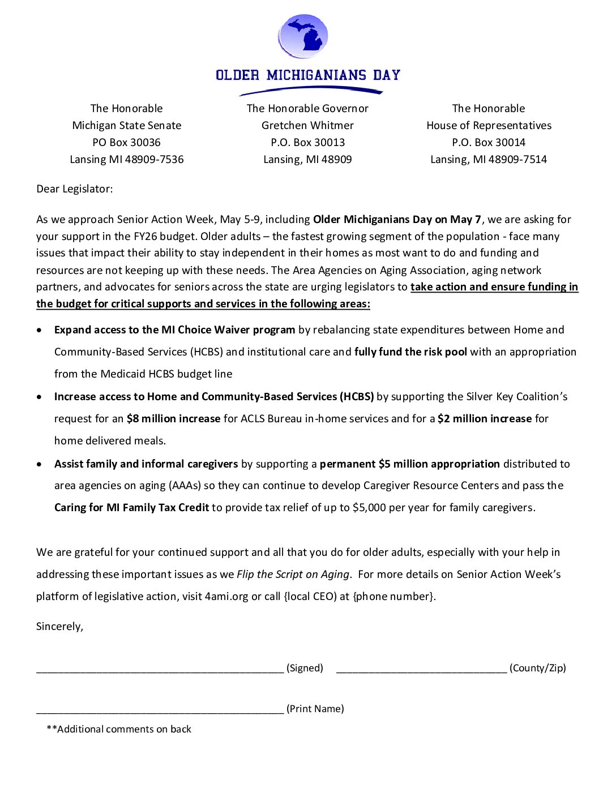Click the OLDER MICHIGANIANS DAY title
[308, 75]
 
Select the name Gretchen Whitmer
[307, 126]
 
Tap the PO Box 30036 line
[126, 143]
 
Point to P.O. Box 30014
[489, 143]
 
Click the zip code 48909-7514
[517, 160]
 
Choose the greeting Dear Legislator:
[74, 189]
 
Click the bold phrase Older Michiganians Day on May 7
[397, 220]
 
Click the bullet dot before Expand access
[39, 330]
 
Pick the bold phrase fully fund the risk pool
[410, 352]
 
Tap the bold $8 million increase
[173, 419]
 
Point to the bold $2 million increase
[485, 419]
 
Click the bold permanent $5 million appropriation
[409, 464]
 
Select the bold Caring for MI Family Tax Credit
[131, 508]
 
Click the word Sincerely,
[59, 627]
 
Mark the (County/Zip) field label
[537, 668]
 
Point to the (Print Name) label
[315, 709]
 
